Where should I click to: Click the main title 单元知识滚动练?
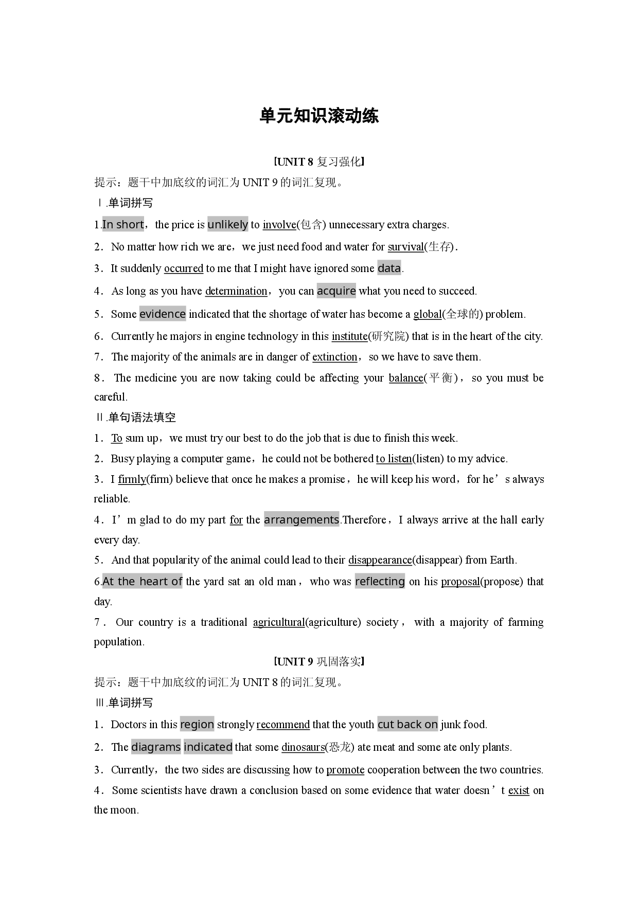[319, 116]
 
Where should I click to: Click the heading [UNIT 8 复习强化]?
[319, 162]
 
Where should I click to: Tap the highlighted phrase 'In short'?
[123, 224]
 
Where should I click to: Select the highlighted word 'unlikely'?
[227, 224]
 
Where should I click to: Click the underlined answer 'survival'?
[405, 247]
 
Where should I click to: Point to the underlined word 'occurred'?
[184, 268]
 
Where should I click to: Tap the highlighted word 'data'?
[389, 268]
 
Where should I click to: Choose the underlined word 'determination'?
[236, 291]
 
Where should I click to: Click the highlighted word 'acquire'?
[336, 291]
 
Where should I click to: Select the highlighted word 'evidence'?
[163, 314]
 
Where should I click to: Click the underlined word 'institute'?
[349, 336]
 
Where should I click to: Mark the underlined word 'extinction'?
[335, 357]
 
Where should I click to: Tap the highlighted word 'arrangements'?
[302, 519]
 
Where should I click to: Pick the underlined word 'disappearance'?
[380, 560]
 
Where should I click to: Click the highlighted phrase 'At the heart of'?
[143, 582]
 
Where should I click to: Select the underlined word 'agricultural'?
[279, 622]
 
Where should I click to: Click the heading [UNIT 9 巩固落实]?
[319, 662]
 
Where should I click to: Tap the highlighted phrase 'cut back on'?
[407, 725]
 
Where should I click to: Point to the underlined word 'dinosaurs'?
[303, 747]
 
